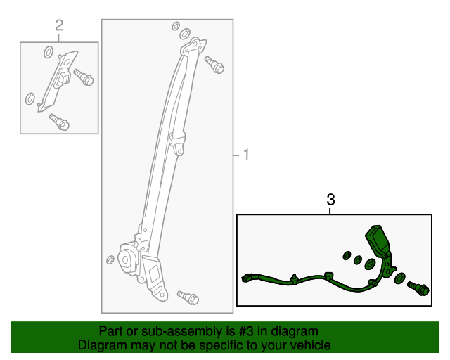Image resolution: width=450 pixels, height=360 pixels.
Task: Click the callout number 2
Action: (59, 25)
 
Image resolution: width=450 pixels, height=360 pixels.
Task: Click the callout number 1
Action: (246, 155)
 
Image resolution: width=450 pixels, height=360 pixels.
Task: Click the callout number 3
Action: (330, 200)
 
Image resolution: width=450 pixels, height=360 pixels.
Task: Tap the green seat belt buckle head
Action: (378, 238)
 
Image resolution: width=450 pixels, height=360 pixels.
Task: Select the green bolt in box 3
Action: (418, 288)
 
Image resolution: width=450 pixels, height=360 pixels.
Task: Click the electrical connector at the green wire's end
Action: (247, 278)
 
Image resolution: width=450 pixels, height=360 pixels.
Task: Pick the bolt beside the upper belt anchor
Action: (214, 65)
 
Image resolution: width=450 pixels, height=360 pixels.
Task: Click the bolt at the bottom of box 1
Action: (188, 297)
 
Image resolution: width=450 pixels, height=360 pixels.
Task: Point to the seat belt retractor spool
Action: (127, 259)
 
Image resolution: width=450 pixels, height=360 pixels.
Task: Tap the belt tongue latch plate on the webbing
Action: (177, 143)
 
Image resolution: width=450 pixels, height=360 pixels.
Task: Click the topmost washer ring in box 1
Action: (176, 26)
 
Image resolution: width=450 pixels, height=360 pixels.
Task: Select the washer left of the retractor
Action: (110, 260)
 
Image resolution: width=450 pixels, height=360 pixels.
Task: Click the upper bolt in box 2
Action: (84, 77)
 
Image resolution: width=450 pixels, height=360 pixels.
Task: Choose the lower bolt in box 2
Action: (59, 122)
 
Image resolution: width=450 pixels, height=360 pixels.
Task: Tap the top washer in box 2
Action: (49, 52)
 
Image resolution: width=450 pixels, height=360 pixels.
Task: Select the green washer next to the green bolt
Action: (400, 278)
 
